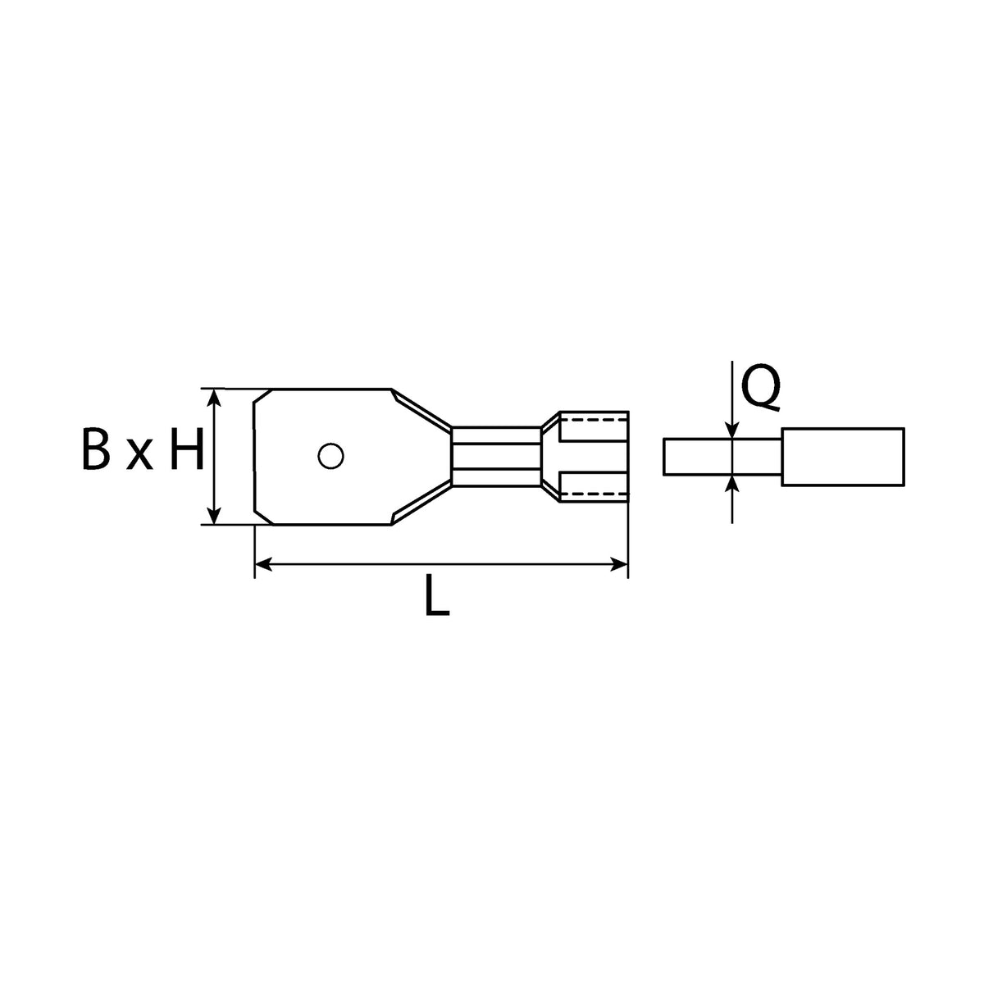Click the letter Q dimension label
pyautogui.click(x=760, y=386)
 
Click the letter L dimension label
pyautogui.click(x=437, y=594)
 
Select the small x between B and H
pyautogui.click(x=139, y=454)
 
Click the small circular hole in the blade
pyautogui.click(x=330, y=455)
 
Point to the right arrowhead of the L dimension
pyautogui.click(x=619, y=564)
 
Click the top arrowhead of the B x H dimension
pyautogui.click(x=216, y=397)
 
